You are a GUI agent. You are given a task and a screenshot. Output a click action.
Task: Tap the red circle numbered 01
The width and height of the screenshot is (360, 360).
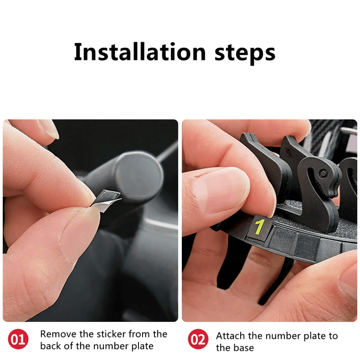tap(18, 340)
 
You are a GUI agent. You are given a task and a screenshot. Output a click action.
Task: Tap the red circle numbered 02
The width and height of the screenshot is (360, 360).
tap(198, 340)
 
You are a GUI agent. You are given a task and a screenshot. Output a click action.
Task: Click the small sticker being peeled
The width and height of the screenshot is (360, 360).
tap(106, 198)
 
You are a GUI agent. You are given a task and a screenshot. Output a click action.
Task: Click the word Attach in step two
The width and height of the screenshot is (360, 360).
tap(229, 336)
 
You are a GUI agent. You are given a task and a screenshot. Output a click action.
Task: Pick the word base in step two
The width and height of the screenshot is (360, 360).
tap(244, 348)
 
